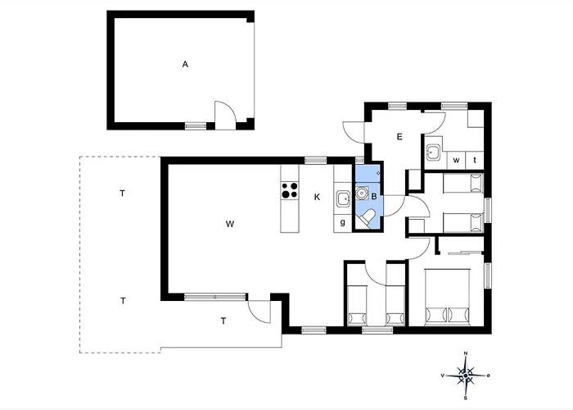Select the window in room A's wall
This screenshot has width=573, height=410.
tap(195, 125)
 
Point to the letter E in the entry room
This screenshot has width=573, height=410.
tap(400, 136)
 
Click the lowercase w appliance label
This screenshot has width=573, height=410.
tap(456, 159)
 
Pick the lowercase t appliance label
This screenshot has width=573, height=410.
tap(475, 159)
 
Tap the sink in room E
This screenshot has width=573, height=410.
tap(434, 153)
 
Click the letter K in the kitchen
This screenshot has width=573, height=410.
tap(316, 197)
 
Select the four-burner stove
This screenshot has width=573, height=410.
tap(289, 191)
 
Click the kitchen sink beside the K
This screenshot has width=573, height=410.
tap(344, 197)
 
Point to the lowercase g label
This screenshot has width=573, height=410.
tap(342, 222)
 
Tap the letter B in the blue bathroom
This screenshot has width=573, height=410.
tap(374, 197)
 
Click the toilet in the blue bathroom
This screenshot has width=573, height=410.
tap(369, 216)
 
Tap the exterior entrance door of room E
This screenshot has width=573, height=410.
tap(354, 131)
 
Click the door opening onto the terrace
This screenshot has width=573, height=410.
tap(259, 312)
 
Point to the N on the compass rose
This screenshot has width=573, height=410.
tap(466, 353)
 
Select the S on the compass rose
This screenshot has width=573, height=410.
tap(466, 399)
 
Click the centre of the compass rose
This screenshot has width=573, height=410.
tap(466, 377)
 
